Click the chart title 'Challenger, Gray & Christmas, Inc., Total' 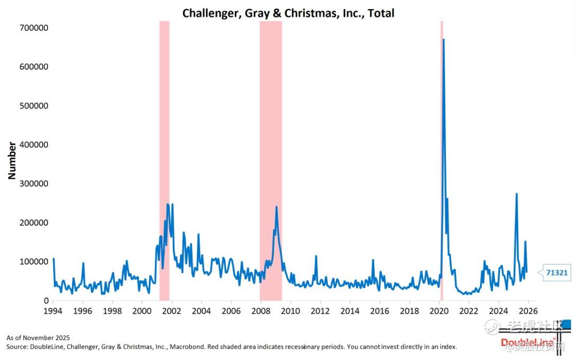(x=288, y=13)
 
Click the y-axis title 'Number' (x=12, y=160)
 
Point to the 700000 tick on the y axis (x=34, y=28)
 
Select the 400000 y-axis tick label (x=34, y=145)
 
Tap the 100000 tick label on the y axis (x=34, y=261)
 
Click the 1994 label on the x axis (x=52, y=311)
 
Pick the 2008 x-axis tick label (x=260, y=311)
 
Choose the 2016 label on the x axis (x=379, y=311)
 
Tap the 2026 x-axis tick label (x=528, y=311)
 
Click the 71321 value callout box (x=557, y=273)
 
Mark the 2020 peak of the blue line (x=443, y=40)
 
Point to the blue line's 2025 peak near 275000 (x=516, y=194)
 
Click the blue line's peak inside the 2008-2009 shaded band (x=276, y=207)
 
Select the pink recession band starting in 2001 (x=164, y=160)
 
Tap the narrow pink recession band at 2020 (x=441, y=160)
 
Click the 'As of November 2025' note (x=38, y=338)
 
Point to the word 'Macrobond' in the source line (x=188, y=347)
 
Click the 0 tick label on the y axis (x=46, y=300)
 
